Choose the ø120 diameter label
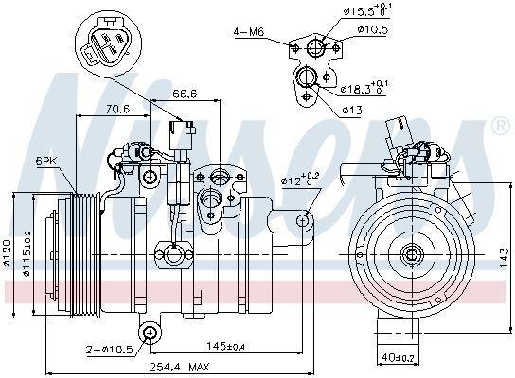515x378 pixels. pyautogui.click(x=8, y=250)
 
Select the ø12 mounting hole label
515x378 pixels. pyautogui.click(x=299, y=177)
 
